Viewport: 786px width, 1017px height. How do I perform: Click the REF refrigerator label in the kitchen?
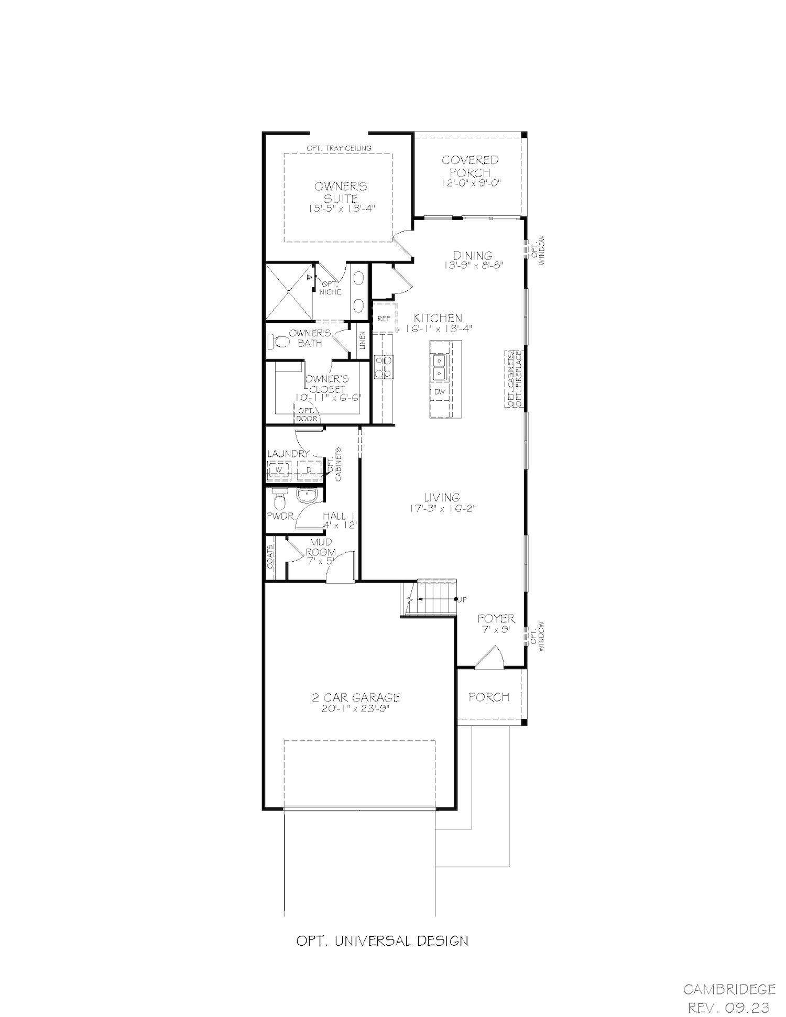coord(384,319)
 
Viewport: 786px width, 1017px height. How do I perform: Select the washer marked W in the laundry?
coord(279,469)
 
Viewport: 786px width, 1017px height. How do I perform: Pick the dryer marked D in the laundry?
coord(309,469)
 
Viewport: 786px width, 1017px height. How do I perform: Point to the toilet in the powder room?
coord(278,500)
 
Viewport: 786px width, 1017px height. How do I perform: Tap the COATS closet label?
coord(270,556)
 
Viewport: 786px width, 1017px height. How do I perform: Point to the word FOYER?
coord(496,619)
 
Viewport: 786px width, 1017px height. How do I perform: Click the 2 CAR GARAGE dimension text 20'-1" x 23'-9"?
coord(356,709)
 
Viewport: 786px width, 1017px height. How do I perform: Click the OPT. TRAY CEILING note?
coord(339,148)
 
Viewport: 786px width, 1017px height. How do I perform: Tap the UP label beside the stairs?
coord(462,599)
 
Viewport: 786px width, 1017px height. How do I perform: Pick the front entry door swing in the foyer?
coord(489,657)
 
